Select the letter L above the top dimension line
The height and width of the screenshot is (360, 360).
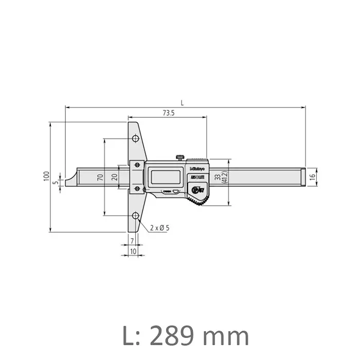pyautogui.click(x=182, y=103)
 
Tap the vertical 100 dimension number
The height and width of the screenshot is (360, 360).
pyautogui.click(x=46, y=176)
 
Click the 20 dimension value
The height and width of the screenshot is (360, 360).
pyautogui.click(x=114, y=177)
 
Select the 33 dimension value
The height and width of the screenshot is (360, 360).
pyautogui.click(x=218, y=177)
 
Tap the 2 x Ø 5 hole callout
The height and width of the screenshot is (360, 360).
pyautogui.click(x=160, y=227)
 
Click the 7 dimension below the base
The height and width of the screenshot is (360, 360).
pyautogui.click(x=132, y=241)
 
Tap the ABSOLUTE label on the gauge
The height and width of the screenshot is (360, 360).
pyautogui.click(x=196, y=177)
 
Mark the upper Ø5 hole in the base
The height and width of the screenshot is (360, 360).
pyautogui.click(x=135, y=139)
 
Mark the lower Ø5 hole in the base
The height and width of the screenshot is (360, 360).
pyautogui.click(x=135, y=215)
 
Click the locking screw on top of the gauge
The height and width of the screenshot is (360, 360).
pyautogui.click(x=180, y=157)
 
